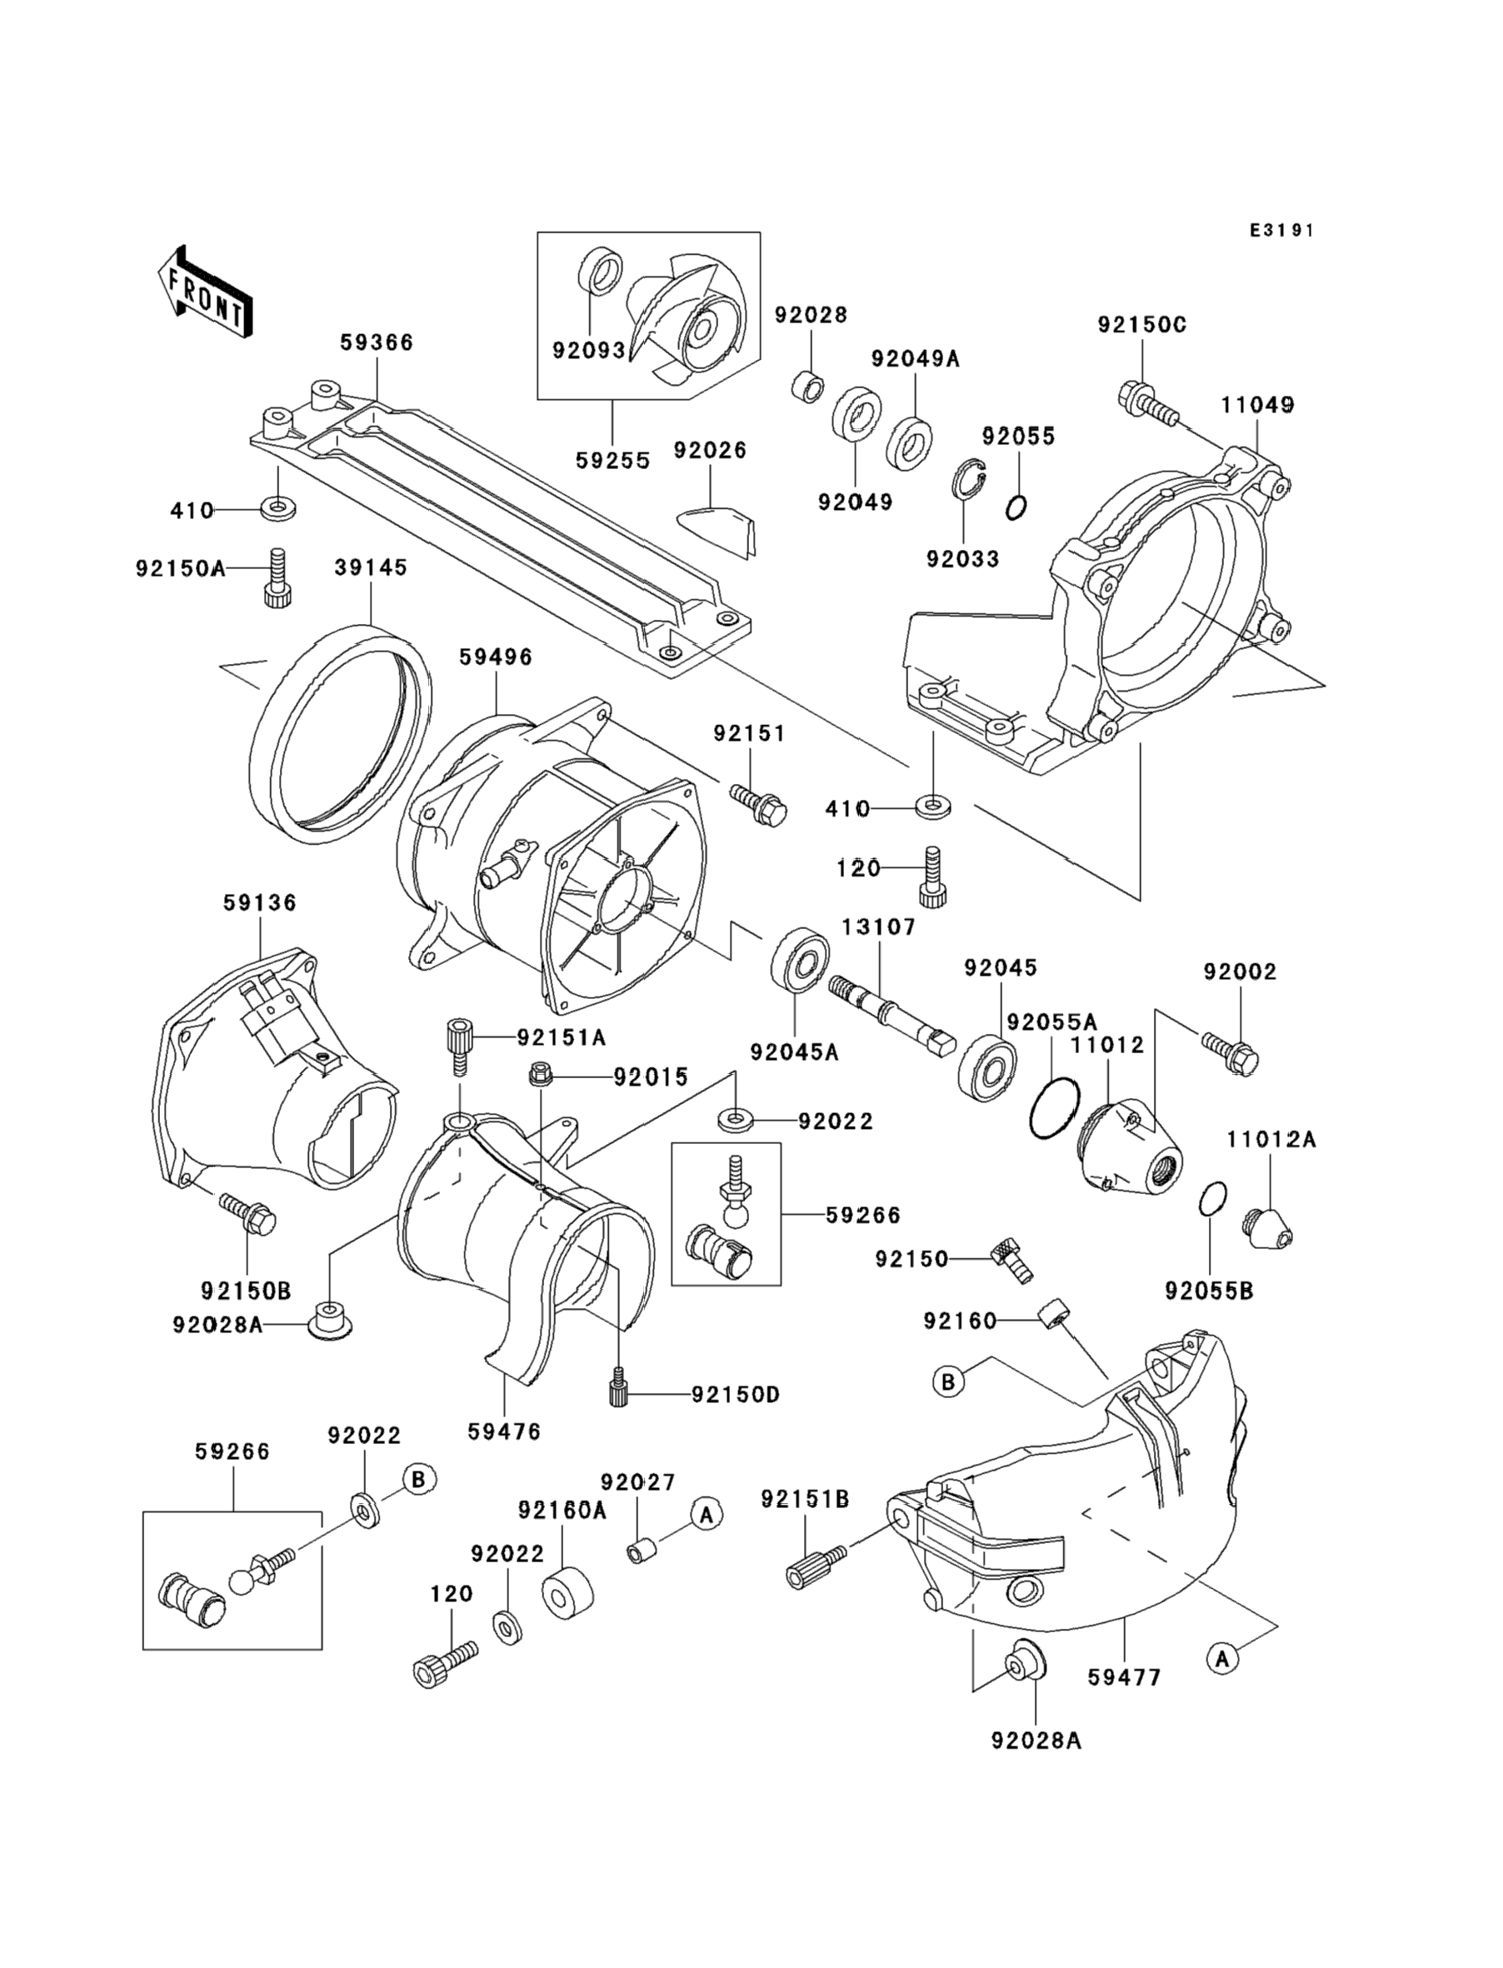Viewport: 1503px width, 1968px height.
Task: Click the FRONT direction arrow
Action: [x=204, y=293]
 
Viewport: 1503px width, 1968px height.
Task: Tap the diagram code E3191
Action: [x=1282, y=231]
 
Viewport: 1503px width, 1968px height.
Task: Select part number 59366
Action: [x=376, y=342]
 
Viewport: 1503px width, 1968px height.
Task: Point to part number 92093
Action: [x=587, y=351]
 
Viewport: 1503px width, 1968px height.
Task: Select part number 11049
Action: [x=1257, y=405]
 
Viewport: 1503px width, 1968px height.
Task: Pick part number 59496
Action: [x=495, y=657]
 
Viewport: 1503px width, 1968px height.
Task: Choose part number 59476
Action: [x=504, y=1431]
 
